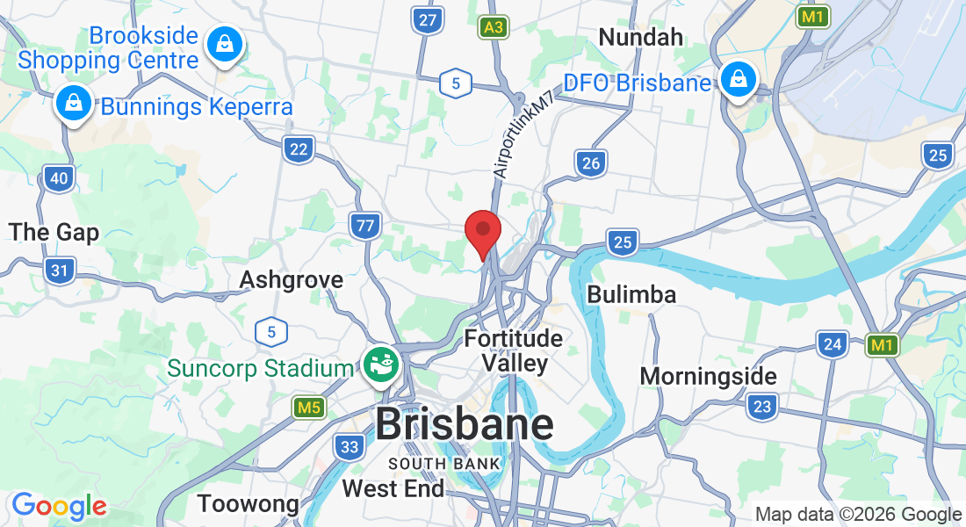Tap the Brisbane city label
tap(465, 425)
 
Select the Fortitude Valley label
tap(514, 350)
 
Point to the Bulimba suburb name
tap(631, 294)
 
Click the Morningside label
tap(708, 376)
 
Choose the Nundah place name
tap(640, 37)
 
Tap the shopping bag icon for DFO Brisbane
tap(739, 79)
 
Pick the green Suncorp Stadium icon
tap(380, 365)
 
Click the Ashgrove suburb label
tap(292, 279)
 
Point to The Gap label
tap(54, 233)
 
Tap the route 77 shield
tap(364, 226)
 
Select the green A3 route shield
tap(494, 28)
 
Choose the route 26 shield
tap(591, 162)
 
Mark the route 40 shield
tap(59, 179)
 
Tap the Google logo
tap(59, 507)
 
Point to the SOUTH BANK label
tap(444, 463)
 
